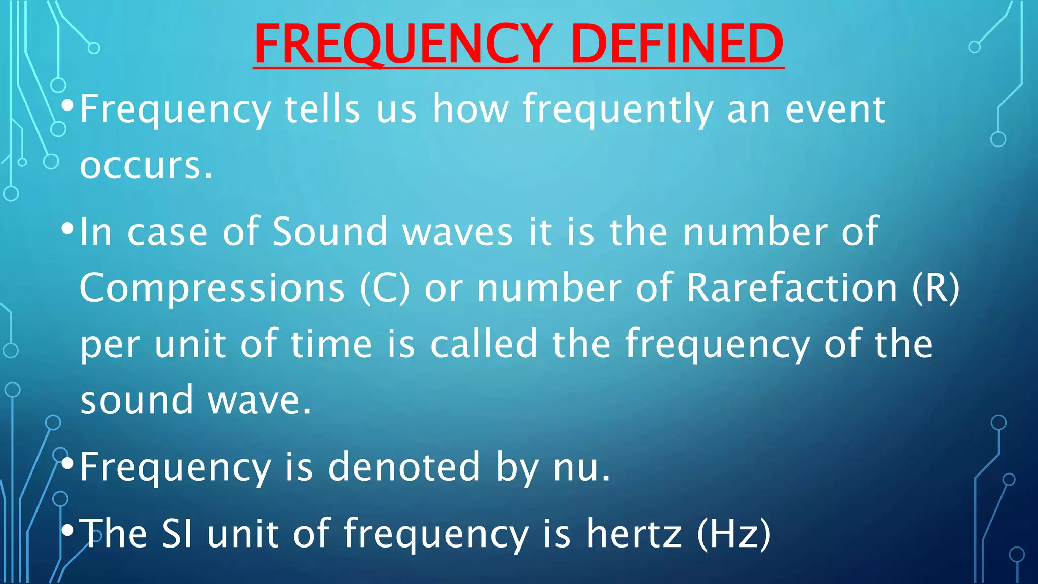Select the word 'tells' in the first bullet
322,109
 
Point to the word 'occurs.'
146,166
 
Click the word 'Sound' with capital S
330,232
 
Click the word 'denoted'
404,467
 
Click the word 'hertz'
634,534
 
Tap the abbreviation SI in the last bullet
177,534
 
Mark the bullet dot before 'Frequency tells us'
67,106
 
